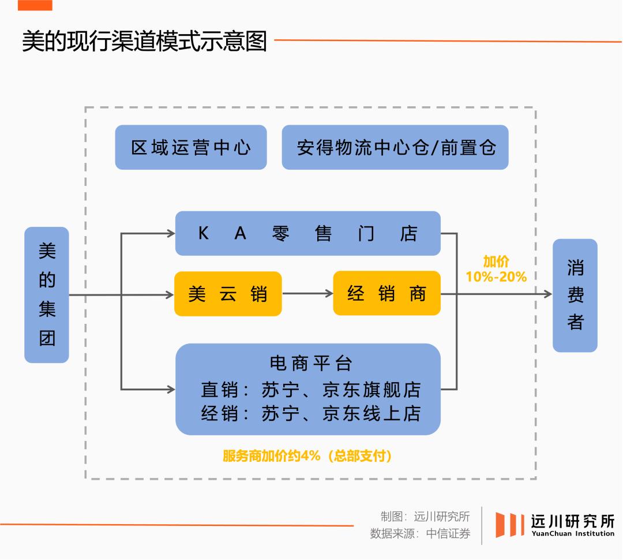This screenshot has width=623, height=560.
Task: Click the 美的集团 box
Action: tap(47, 294)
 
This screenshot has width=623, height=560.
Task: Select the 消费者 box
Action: tap(575, 295)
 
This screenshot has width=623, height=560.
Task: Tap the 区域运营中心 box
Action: tap(191, 148)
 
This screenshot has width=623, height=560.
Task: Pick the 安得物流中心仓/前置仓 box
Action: tap(395, 148)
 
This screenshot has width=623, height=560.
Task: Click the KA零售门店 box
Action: tap(307, 233)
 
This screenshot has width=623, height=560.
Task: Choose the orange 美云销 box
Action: tap(228, 294)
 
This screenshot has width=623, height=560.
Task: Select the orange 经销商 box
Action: tap(386, 294)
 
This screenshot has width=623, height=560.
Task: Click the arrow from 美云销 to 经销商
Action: tap(307, 294)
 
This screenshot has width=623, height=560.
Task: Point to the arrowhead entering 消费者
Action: tap(547, 294)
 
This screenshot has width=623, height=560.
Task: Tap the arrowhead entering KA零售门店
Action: tap(170, 233)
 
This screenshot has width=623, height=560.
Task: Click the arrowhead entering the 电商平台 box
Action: tap(170, 390)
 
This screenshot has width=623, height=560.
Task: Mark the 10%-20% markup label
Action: tap(496, 277)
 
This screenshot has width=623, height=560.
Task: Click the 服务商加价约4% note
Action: tap(307, 456)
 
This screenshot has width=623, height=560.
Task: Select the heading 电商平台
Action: tap(310, 363)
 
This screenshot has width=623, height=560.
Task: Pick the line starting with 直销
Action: tap(310, 390)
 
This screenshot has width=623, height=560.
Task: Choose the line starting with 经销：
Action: tap(310, 413)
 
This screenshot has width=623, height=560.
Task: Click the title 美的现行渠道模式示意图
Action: tap(144, 42)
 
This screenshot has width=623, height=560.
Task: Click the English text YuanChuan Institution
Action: tap(573, 533)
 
